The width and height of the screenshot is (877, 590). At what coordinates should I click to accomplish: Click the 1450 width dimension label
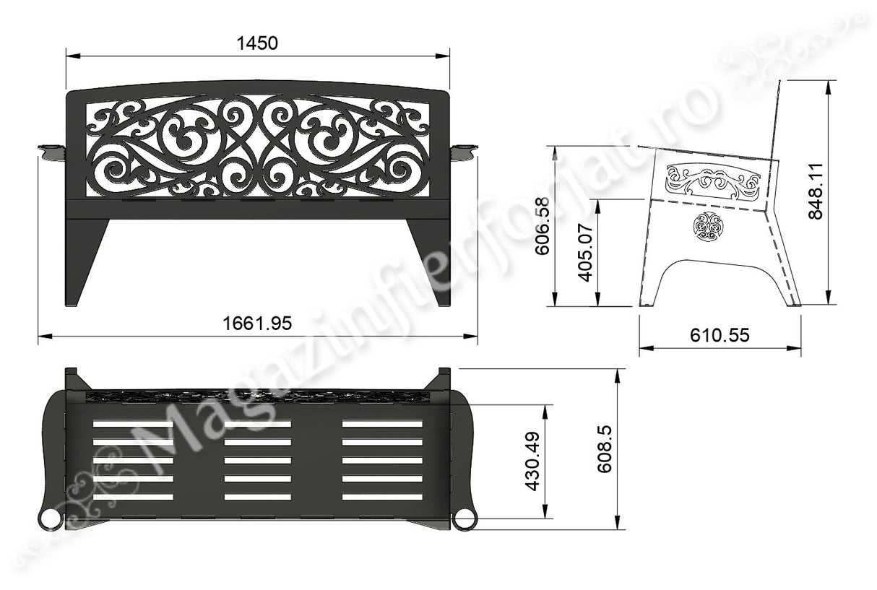tap(257, 43)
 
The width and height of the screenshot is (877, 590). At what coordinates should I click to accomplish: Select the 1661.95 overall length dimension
tap(257, 324)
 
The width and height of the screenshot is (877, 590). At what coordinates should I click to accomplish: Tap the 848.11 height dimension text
tap(816, 191)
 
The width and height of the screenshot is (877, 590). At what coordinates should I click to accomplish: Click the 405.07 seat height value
tap(587, 253)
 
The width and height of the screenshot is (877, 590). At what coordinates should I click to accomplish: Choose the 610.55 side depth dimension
tap(720, 335)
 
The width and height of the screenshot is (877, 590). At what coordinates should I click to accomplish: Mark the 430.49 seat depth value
tap(532, 462)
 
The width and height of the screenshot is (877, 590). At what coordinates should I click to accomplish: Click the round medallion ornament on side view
tap(707, 227)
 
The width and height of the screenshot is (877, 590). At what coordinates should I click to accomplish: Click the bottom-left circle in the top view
tap(49, 519)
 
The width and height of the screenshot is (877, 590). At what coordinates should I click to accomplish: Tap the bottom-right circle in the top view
tap(464, 519)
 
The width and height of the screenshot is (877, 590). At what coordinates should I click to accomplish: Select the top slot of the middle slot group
tap(258, 424)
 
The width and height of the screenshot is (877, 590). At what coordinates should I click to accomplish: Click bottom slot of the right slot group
tap(382, 497)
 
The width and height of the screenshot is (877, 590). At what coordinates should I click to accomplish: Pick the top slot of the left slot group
tap(134, 424)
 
